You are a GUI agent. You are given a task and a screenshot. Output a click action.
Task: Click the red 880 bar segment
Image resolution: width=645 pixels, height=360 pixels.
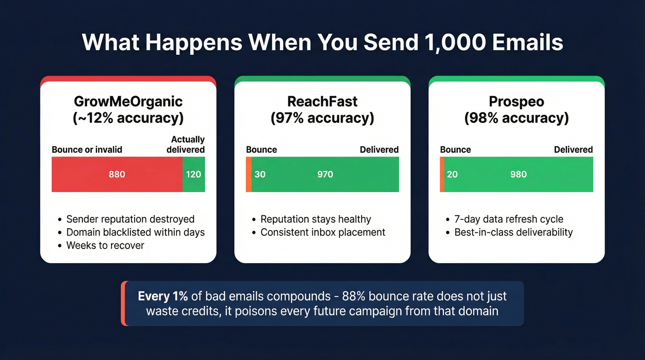click(x=117, y=174)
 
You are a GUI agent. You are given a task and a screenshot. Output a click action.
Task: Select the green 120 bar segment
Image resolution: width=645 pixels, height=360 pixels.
click(x=193, y=174)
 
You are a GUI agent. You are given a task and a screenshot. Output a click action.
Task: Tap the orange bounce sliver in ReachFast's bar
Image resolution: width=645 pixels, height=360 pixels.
click(x=248, y=174)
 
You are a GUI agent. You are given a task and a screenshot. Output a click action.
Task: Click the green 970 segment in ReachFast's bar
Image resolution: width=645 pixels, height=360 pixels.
click(x=325, y=174)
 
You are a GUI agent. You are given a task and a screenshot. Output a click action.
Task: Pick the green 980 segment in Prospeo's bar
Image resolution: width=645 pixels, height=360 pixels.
click(x=519, y=174)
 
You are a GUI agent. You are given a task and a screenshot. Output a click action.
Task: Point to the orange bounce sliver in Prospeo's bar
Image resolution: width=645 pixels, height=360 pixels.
click(x=442, y=174)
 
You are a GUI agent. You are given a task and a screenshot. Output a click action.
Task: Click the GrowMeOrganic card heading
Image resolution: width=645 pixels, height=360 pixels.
click(x=128, y=101)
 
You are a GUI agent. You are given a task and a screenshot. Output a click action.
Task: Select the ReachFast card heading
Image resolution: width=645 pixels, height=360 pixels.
click(x=322, y=101)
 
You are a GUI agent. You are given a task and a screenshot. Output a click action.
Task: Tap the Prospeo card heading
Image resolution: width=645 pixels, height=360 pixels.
click(x=516, y=101)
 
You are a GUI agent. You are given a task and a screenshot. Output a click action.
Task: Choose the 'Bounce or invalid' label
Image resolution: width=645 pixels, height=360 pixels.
click(x=87, y=150)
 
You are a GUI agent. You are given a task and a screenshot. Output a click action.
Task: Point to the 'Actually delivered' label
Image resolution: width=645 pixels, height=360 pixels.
click(x=186, y=144)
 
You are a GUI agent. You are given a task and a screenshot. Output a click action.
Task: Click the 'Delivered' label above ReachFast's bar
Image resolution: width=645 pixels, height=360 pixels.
click(x=379, y=150)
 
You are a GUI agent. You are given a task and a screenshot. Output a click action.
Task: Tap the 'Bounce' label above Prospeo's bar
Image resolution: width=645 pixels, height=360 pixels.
click(x=455, y=150)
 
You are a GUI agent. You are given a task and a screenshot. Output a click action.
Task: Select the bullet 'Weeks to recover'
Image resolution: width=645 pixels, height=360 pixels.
click(x=105, y=245)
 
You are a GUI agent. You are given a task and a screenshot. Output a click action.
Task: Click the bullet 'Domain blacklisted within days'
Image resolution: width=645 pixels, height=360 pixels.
click(x=135, y=232)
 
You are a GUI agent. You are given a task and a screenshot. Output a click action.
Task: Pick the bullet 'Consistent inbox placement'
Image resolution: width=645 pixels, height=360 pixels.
click(x=323, y=232)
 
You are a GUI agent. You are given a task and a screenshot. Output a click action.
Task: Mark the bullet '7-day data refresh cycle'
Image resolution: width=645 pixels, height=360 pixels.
click(x=509, y=219)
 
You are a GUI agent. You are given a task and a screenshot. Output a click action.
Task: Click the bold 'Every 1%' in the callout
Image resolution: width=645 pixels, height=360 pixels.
click(x=158, y=296)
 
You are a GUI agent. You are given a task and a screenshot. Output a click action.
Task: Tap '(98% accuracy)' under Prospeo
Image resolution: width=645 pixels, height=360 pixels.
click(x=516, y=118)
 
